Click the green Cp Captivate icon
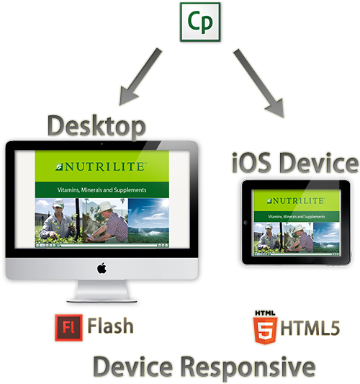coord(200,22)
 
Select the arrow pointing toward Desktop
coord(140,76)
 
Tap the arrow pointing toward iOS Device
coord(259,84)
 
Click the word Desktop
coord(96,126)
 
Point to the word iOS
coord(251,163)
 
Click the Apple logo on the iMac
coord(102,268)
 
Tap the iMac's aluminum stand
coord(102,291)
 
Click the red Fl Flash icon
coord(69,327)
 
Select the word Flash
coord(110,326)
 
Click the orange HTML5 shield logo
coord(265,328)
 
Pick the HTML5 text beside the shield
coord(310,328)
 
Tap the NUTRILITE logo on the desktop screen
coord(100,166)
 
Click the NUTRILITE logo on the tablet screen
coord(296,201)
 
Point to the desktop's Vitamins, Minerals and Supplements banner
coord(102,189)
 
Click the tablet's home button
coord(246,223)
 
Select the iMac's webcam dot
coord(102,144)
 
